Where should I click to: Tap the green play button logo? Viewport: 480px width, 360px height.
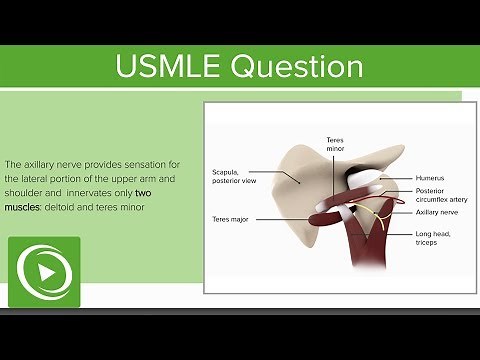coord(44,272)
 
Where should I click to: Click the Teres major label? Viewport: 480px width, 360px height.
coord(231,218)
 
